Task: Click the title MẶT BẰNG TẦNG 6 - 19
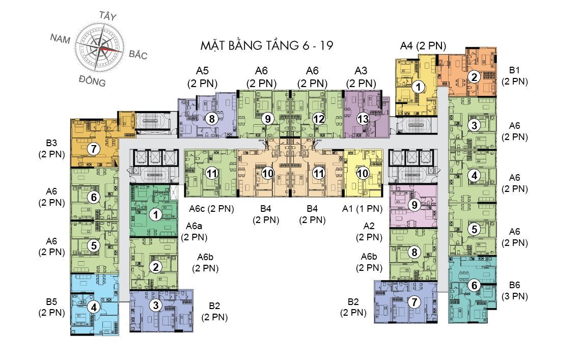pyautogui.click(x=267, y=46)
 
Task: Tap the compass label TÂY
pyautogui.click(x=107, y=16)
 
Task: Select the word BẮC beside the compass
pyautogui.click(x=137, y=54)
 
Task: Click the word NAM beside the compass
pyautogui.click(x=61, y=38)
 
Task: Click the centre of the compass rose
pyautogui.click(x=99, y=48)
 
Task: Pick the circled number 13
pyautogui.click(x=363, y=119)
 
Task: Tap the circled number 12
pyautogui.click(x=319, y=119)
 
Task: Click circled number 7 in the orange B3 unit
pyautogui.click(x=93, y=149)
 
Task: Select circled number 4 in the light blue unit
pyautogui.click(x=94, y=307)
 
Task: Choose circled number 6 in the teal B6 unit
pyautogui.click(x=474, y=285)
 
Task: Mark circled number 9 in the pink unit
pyautogui.click(x=414, y=205)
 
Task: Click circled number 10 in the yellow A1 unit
pyautogui.click(x=363, y=173)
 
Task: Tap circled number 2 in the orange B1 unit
pyautogui.click(x=474, y=77)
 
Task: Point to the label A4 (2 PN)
pyautogui.click(x=423, y=46)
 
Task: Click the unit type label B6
pyautogui.click(x=514, y=285)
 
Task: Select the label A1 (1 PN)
pyautogui.click(x=363, y=208)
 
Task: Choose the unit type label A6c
pyautogui.click(x=197, y=208)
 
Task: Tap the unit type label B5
pyautogui.click(x=51, y=301)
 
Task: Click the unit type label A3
pyautogui.click(x=361, y=71)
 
